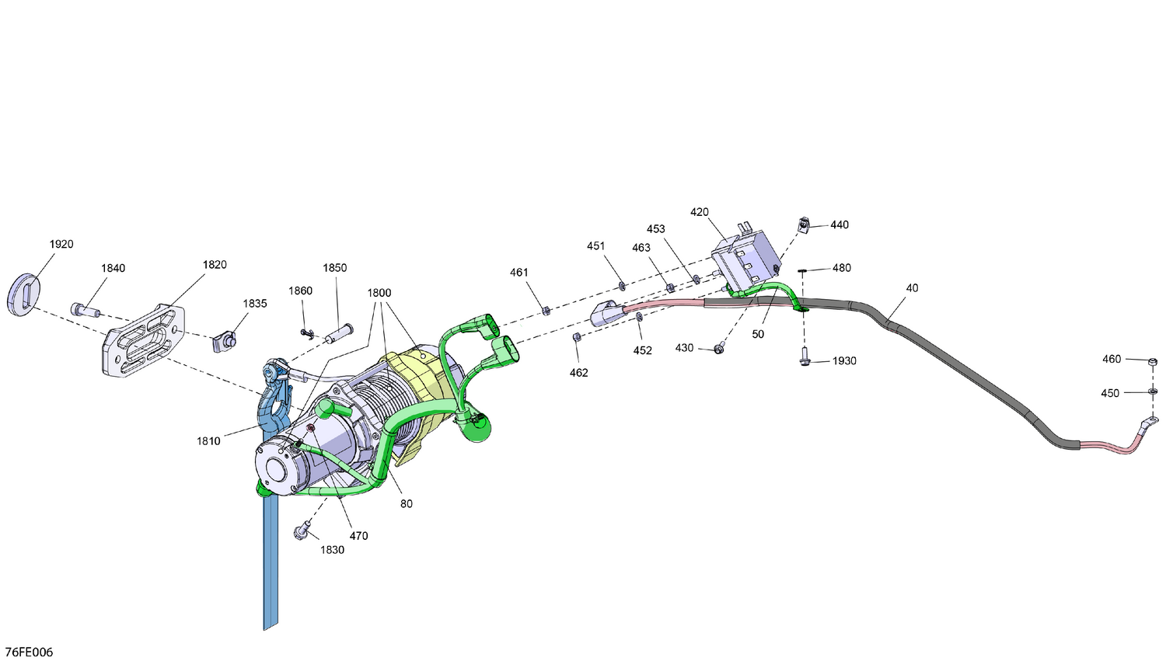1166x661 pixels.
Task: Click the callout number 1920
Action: point(61,244)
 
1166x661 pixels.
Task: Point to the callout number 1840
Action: point(113,268)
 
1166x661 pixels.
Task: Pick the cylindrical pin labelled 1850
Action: point(338,333)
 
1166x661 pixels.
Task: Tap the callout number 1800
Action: point(379,293)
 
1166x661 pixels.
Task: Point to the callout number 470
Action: point(358,536)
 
